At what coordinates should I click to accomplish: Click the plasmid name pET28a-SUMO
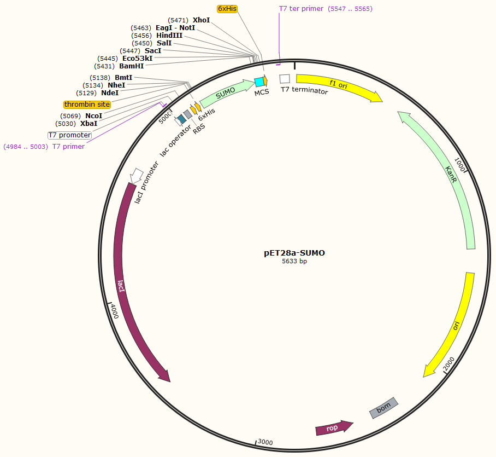pyautogui.click(x=294, y=253)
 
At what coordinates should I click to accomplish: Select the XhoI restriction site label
pyautogui.click(x=201, y=20)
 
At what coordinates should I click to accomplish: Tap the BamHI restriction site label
pyautogui.click(x=132, y=66)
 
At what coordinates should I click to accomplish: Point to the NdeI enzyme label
pyautogui.click(x=110, y=92)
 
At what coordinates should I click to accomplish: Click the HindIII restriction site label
pyautogui.click(x=169, y=35)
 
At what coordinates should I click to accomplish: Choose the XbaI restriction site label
pyautogui.click(x=89, y=124)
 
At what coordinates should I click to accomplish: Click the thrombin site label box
pyautogui.click(x=87, y=105)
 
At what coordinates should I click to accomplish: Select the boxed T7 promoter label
pyautogui.click(x=69, y=135)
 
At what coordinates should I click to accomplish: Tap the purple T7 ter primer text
pyautogui.click(x=301, y=9)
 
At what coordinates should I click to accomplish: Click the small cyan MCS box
pyautogui.click(x=259, y=82)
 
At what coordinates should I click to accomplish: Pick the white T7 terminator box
pyautogui.click(x=285, y=79)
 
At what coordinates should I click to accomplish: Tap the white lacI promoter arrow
pyautogui.click(x=137, y=175)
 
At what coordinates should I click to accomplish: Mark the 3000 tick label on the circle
pyautogui.click(x=265, y=442)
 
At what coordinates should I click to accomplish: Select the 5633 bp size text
pyautogui.click(x=294, y=262)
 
